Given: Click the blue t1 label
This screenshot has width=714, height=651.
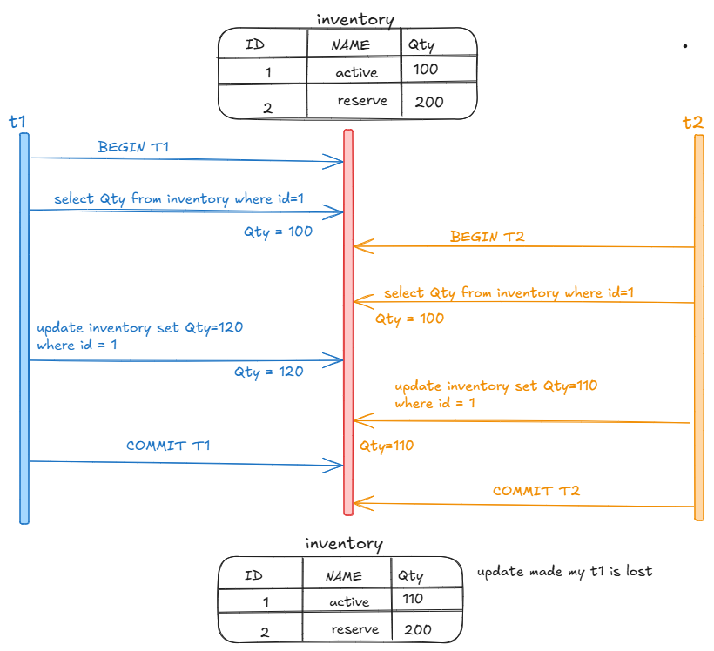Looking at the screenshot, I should tap(17, 122).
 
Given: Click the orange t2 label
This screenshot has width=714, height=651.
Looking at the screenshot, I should tap(692, 123).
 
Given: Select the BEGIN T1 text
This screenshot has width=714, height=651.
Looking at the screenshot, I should tap(133, 147).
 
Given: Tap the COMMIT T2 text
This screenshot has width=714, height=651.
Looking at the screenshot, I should tap(536, 491).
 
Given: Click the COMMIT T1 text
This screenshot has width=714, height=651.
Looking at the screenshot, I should tap(168, 446).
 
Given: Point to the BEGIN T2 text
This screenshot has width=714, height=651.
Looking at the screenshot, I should tap(487, 236).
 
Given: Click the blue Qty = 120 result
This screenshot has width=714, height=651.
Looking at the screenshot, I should tap(268, 372).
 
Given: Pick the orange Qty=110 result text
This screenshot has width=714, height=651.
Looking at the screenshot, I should tap(387, 446).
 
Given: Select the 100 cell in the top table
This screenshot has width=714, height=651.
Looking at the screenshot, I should tap(427, 69).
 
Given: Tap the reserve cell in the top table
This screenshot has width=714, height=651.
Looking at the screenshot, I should tap(362, 101).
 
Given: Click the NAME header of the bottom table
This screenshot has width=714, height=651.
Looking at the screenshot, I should tap(343, 576).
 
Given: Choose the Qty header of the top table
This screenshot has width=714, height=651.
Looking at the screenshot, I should tap(421, 44).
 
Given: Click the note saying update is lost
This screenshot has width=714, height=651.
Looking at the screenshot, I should tap(564, 572).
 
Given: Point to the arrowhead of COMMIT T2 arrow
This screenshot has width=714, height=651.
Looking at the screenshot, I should tap(359, 502).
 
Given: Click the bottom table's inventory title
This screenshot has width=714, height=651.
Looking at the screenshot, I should tap(343, 544).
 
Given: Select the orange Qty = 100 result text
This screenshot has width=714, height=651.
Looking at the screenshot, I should tap(409, 319).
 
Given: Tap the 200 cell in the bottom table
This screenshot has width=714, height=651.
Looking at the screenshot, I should tap(418, 629).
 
